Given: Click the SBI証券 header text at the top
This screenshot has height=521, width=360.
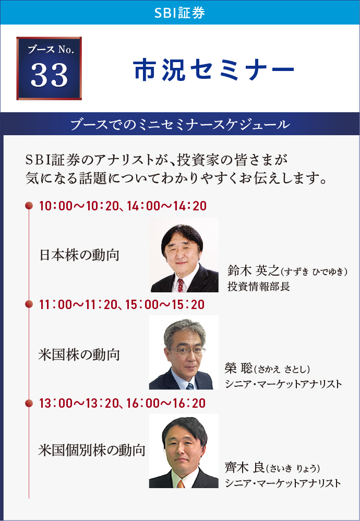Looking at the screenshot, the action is point(179,13).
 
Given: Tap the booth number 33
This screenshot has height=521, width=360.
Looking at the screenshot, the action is point(49,75).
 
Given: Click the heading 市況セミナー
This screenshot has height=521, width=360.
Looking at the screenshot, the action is point(214,70).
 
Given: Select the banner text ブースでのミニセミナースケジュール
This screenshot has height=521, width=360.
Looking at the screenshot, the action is point(181,125).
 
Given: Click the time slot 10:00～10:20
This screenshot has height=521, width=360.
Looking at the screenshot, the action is point(79,206).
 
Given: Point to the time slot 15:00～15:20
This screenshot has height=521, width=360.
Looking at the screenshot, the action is point(165,305).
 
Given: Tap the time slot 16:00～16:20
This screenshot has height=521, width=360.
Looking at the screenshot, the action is point(166,404).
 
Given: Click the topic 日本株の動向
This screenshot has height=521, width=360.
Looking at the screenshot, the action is point(79,255).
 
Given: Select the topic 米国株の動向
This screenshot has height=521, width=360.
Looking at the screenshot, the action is point(79,355).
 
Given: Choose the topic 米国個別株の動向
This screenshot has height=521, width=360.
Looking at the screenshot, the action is point(92,451).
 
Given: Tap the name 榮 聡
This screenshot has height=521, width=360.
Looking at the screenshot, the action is point(238,369).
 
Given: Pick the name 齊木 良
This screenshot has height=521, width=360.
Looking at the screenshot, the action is point(245,468).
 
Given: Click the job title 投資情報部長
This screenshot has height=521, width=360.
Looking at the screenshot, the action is point(259,287).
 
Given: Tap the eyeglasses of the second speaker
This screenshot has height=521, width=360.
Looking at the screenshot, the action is point(187,350).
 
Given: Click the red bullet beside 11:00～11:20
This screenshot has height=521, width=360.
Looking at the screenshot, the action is point(29,304).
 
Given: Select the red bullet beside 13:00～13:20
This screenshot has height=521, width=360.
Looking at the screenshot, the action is point(29,403).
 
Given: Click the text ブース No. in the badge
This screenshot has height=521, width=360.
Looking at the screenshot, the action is point(49,51).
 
